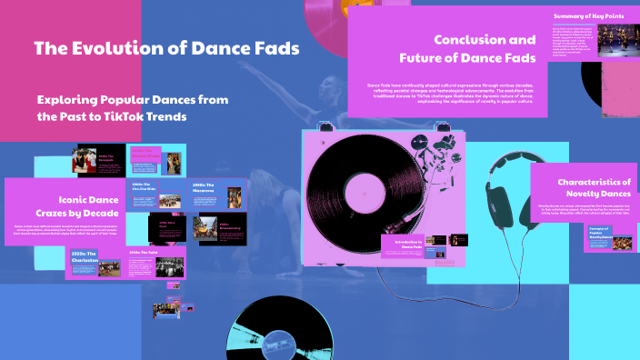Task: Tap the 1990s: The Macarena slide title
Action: [205, 188]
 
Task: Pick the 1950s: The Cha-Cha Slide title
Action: [146, 186]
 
